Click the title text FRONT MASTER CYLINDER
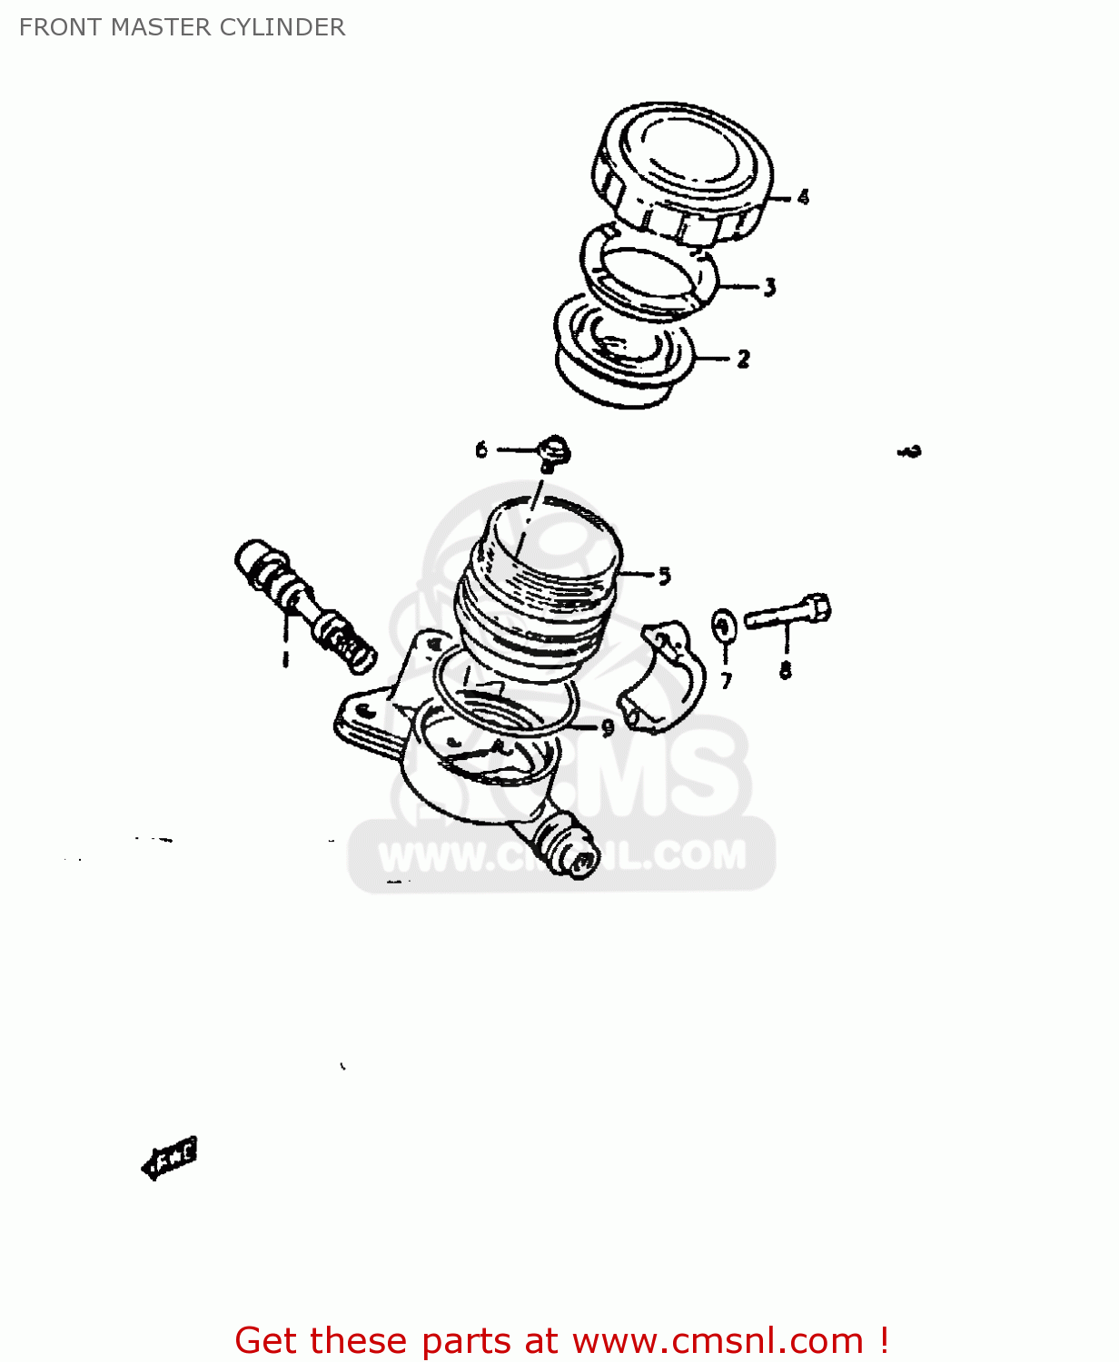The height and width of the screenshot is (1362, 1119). pyautogui.click(x=182, y=27)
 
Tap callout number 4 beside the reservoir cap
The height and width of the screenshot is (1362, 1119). pyautogui.click(x=803, y=197)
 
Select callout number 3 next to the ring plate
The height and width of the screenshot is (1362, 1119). pyautogui.click(x=769, y=288)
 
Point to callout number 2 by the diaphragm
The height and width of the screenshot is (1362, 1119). pyautogui.click(x=743, y=360)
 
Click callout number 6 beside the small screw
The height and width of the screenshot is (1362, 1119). pyautogui.click(x=481, y=449)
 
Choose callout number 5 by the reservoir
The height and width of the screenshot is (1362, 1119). pyautogui.click(x=664, y=576)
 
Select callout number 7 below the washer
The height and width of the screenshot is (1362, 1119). pyautogui.click(x=726, y=680)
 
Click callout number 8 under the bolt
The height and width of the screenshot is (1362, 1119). pyautogui.click(x=785, y=670)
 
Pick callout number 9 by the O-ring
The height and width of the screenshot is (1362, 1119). pyautogui.click(x=608, y=727)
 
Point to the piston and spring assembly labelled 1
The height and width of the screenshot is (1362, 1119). pyautogui.click(x=304, y=604)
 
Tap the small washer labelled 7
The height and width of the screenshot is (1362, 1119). pyautogui.click(x=724, y=626)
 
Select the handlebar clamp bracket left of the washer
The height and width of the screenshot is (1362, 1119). pyautogui.click(x=663, y=676)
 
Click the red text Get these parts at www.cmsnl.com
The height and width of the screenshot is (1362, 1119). pyautogui.click(x=560, y=1340)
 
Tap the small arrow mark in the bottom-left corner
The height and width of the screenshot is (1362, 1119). pyautogui.click(x=170, y=1157)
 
